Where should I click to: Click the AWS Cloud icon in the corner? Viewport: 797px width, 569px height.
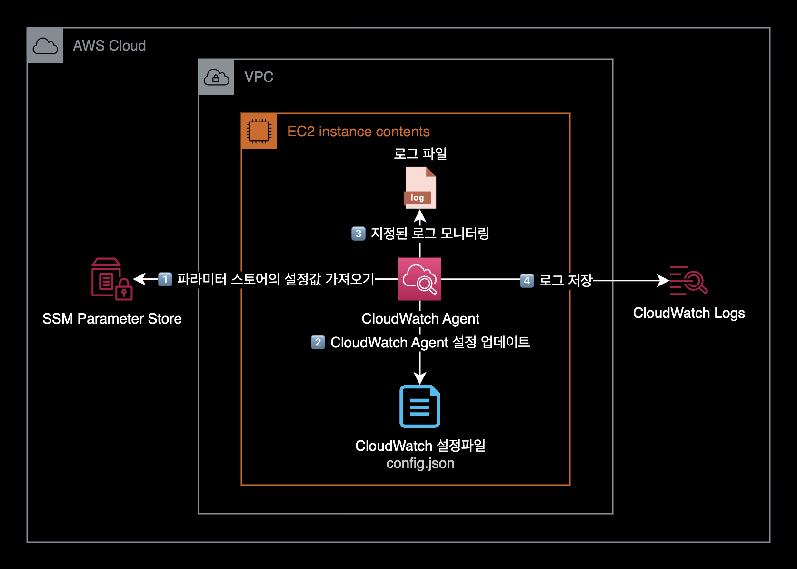tap(45, 46)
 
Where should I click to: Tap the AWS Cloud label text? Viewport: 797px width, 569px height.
tap(109, 46)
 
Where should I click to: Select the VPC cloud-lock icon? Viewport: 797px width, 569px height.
tap(217, 77)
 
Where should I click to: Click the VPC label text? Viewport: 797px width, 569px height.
tap(259, 77)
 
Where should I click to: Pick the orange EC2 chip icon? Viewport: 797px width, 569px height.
tap(259, 131)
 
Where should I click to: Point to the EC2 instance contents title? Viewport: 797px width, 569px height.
tap(358, 132)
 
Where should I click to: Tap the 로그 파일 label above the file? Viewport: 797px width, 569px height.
tap(420, 153)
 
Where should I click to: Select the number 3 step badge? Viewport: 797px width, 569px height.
tap(358, 234)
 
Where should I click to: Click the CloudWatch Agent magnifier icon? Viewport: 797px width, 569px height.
tap(420, 279)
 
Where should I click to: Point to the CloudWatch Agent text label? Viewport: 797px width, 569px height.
tap(420, 319)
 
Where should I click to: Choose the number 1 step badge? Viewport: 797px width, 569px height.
tap(165, 279)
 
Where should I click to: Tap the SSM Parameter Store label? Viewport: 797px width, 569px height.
tap(112, 319)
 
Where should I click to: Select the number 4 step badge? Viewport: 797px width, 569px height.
tap(527, 281)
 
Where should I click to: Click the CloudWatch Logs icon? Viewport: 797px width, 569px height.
tap(688, 280)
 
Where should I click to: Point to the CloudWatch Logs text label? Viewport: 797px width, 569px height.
tap(688, 313)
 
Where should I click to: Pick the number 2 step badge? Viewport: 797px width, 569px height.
tap(318, 342)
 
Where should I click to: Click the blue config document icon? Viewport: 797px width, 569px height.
tap(420, 406)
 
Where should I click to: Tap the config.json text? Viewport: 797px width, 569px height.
tap(420, 463)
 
